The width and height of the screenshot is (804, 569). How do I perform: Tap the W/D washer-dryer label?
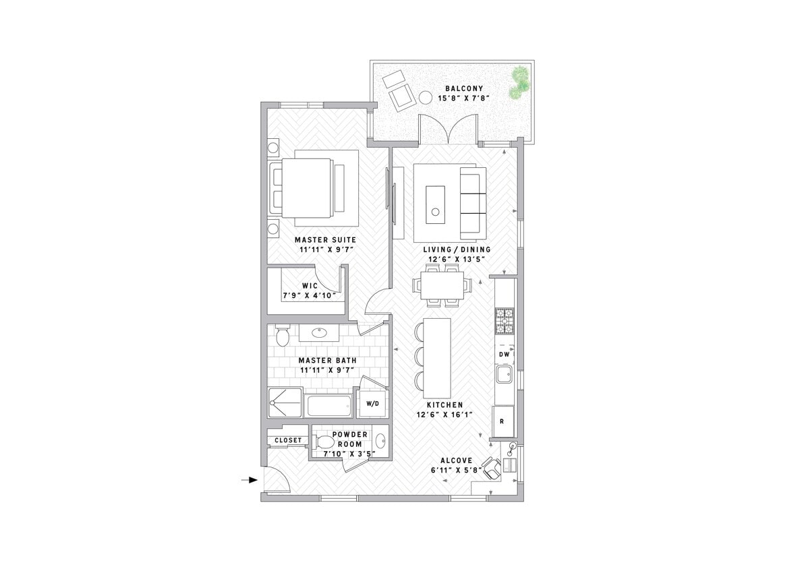(372, 404)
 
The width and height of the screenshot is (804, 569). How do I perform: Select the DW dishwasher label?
(504, 354)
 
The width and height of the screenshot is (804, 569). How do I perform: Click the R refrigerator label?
(502, 421)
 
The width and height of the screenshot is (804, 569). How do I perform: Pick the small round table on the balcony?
(426, 98)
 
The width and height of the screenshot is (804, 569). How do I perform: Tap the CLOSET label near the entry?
(288, 440)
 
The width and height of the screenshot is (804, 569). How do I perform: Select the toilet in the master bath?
(282, 334)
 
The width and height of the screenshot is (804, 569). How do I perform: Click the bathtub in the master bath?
(328, 406)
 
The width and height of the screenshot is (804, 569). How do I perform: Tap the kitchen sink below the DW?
(502, 375)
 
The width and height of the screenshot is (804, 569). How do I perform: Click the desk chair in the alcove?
(492, 467)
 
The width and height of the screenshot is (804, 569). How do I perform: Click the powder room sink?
(380, 442)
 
